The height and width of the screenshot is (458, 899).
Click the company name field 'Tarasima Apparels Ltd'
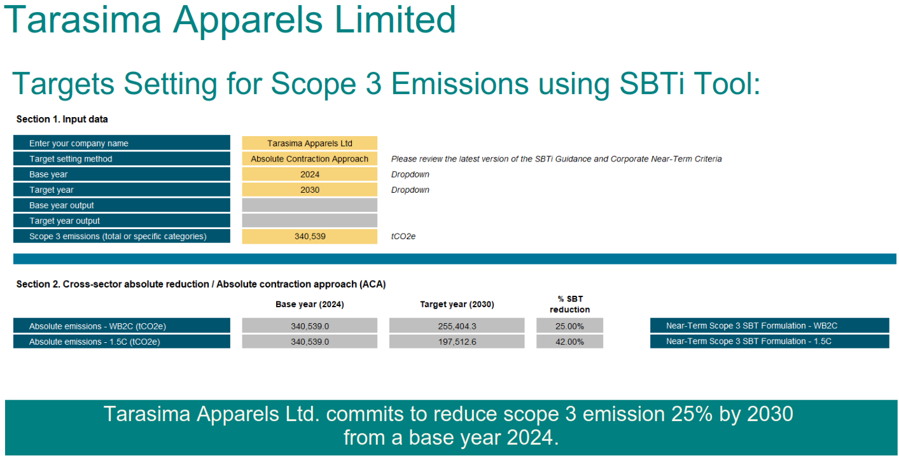click(x=309, y=143)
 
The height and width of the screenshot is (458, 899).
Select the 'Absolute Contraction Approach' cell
click(x=309, y=159)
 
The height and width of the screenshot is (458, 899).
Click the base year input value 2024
click(x=309, y=174)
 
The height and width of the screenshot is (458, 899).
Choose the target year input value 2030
click(x=309, y=190)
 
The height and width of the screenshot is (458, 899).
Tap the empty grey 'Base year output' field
click(x=309, y=205)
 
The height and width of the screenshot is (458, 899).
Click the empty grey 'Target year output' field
click(x=309, y=221)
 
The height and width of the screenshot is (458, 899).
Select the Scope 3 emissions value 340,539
click(x=309, y=236)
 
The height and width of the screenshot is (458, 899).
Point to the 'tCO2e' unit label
click(x=404, y=236)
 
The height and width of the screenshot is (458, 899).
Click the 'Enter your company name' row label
click(x=122, y=143)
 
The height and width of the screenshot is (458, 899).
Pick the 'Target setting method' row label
click(x=122, y=159)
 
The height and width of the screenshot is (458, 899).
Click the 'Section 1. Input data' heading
click(x=62, y=119)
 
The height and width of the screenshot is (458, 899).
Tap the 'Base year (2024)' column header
click(x=309, y=304)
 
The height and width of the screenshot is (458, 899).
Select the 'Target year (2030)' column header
click(x=457, y=304)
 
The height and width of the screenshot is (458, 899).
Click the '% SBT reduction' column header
click(x=569, y=304)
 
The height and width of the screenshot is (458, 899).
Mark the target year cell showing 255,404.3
click(x=457, y=326)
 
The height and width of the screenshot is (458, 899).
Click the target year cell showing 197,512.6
click(x=457, y=342)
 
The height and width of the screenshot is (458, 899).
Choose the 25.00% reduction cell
click(x=569, y=326)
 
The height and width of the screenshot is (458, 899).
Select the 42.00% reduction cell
click(x=569, y=342)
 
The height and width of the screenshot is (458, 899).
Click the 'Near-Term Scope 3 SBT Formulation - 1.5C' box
click(x=769, y=342)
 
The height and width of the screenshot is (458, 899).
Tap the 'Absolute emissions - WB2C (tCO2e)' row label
click(x=122, y=326)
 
